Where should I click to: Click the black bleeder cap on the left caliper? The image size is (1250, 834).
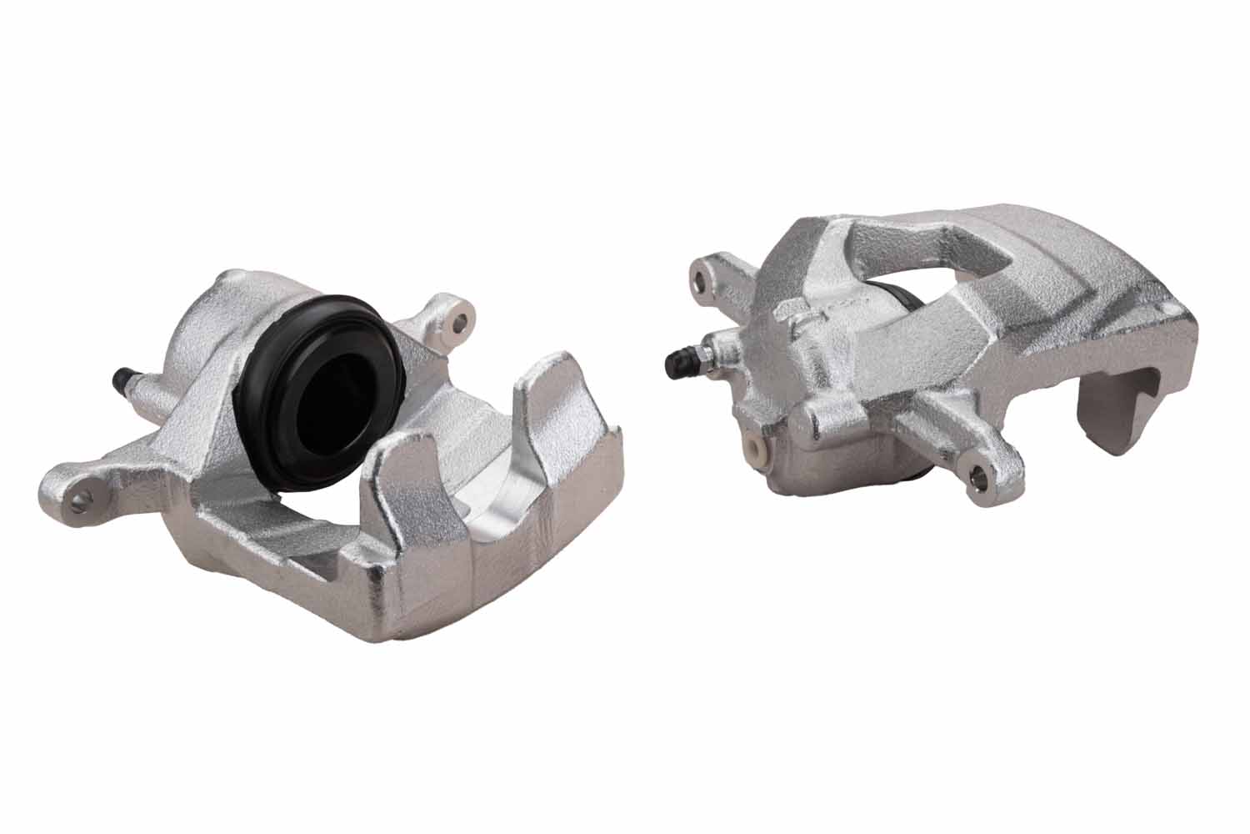pos(122,380)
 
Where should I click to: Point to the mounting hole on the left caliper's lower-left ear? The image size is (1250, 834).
pos(81,499)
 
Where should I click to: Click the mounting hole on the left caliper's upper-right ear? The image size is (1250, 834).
pos(456,319)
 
